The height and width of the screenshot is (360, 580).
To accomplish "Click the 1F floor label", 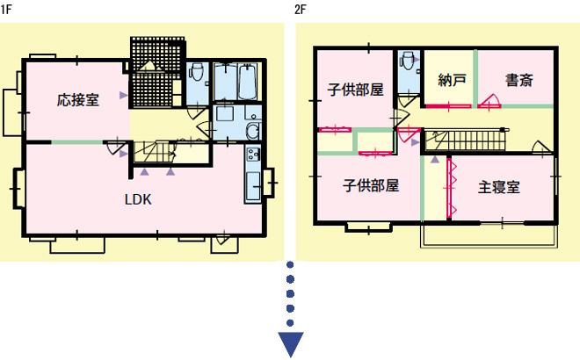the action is click(6, 10).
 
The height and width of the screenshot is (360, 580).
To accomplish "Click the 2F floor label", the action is click(301, 10).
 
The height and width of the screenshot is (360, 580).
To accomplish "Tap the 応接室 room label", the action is click(78, 100).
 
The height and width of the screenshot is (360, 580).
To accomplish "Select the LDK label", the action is click(138, 199).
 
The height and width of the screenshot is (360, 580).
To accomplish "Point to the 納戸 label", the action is click(452, 80).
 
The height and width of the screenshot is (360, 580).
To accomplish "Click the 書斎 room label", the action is click(519, 80).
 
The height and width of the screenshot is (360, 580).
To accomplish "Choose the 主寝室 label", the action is click(499, 187).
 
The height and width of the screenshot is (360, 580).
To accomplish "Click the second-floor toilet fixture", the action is click(408, 61).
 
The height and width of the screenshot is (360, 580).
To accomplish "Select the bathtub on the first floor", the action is click(248, 82).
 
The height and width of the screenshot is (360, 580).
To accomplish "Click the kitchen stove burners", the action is click(253, 154).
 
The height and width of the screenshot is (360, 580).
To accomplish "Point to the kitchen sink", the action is click(253, 185).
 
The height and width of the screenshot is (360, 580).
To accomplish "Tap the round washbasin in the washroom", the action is click(253, 131).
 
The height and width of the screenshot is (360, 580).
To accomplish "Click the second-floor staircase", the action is click(465, 140).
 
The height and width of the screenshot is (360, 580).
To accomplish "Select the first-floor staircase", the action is click(154, 152).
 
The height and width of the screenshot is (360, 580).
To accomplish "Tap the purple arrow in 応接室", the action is click(123, 96).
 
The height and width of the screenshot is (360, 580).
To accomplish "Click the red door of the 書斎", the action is click(489, 101).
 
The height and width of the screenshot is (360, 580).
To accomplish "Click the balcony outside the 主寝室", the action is click(489, 236).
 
